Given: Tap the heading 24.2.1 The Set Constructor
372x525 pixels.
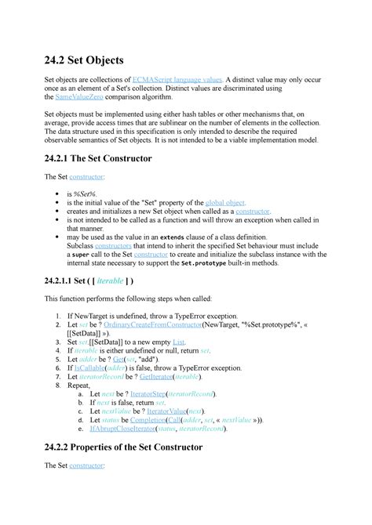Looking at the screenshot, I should [x=110, y=158].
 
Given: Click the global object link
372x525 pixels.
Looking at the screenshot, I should [x=225, y=202].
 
